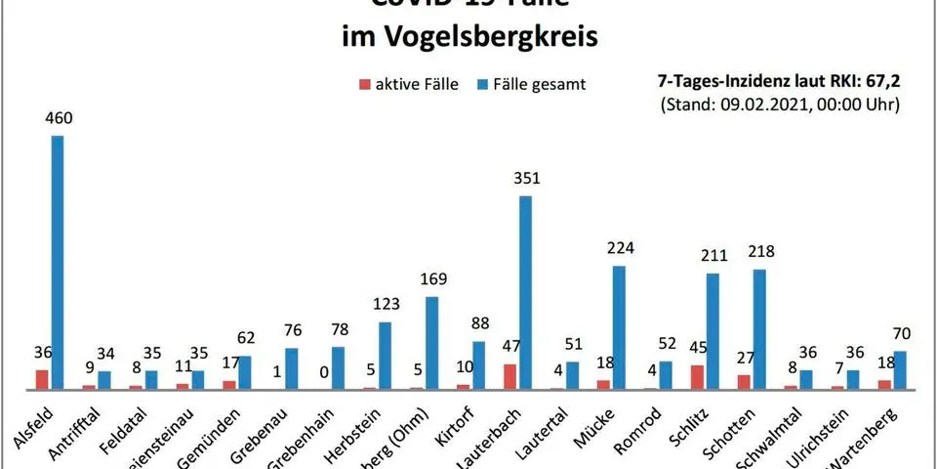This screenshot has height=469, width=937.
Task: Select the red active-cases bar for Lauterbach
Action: tap(510, 377)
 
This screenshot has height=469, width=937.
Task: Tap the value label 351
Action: tap(525, 179)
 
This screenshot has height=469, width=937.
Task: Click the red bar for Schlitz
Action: tap(697, 378)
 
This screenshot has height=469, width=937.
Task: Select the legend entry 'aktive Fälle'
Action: tap(410, 84)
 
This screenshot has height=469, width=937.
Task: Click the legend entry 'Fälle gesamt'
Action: tap(532, 84)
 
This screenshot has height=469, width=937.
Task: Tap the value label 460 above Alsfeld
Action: tap(58, 118)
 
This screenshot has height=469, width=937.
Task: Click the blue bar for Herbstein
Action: tap(385, 356)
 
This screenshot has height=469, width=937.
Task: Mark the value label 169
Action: tap(431, 279)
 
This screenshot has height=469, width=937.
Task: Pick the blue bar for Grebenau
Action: tap(292, 368)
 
